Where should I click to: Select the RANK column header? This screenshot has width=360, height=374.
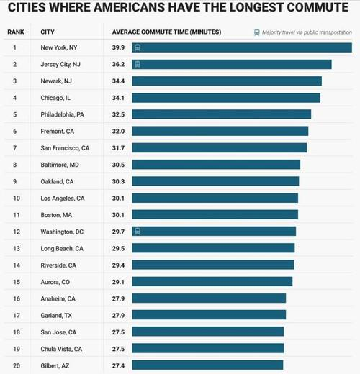16,32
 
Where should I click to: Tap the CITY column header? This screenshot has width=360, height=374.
48,32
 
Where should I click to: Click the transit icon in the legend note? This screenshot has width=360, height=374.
257,32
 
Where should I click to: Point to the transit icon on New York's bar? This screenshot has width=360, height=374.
138,47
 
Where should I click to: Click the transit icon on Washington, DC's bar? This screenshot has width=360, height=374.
138,232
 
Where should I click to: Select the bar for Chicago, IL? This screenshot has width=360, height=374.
226,98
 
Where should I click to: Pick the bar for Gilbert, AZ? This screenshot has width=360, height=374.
207,365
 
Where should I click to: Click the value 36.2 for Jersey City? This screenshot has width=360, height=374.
118,64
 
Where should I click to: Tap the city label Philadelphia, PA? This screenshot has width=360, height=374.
63,114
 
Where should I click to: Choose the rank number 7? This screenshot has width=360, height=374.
15,148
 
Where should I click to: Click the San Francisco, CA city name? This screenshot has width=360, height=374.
65,148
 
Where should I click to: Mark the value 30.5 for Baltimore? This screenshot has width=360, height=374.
118,165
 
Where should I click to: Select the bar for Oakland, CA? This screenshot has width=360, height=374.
215,181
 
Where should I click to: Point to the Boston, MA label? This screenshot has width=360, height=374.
56,215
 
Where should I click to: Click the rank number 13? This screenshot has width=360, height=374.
17,248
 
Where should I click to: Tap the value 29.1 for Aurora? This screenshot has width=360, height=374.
118,282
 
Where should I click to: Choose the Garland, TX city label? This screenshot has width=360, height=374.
56,316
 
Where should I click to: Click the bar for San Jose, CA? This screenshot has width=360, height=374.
208,332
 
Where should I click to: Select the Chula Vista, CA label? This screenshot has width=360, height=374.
61,349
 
